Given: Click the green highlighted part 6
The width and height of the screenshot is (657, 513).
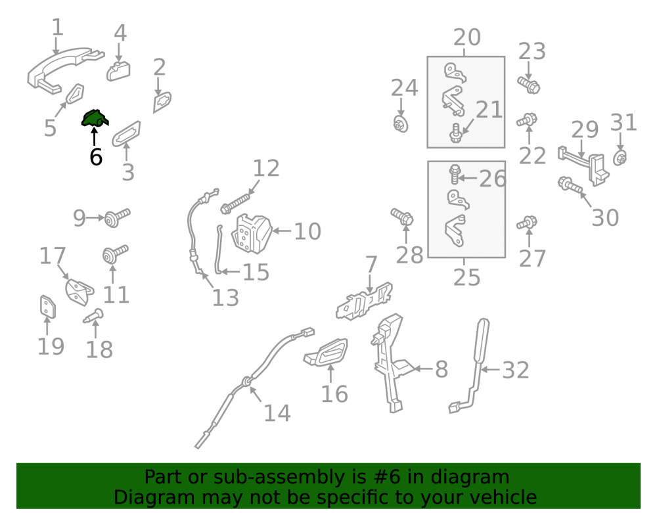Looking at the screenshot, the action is (x=94, y=118).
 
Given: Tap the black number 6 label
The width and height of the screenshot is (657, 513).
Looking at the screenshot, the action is (x=96, y=157).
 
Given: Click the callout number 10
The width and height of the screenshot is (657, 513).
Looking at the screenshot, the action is (x=307, y=231).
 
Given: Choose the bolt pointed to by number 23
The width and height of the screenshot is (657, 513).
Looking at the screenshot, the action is (x=529, y=85).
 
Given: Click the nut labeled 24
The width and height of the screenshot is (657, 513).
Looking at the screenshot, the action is (x=401, y=124).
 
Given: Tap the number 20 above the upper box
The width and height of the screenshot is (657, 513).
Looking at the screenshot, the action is (x=466, y=37).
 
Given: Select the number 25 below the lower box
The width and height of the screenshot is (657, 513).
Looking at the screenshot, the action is (x=466, y=277).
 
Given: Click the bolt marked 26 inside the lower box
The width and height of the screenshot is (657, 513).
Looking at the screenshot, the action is (x=455, y=175).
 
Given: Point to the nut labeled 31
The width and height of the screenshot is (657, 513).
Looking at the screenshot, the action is (x=620, y=158).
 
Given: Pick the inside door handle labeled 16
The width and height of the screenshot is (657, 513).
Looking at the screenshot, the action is (x=326, y=353).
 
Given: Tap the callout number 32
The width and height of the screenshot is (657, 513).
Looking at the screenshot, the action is (x=516, y=370).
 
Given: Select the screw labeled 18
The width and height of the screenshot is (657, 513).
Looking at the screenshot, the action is (x=93, y=316).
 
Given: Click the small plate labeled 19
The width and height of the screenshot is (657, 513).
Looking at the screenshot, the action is (x=48, y=307).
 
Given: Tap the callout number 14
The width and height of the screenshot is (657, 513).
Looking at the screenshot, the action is (x=277, y=413).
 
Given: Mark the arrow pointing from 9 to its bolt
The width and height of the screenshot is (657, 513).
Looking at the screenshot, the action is (x=95, y=218).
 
